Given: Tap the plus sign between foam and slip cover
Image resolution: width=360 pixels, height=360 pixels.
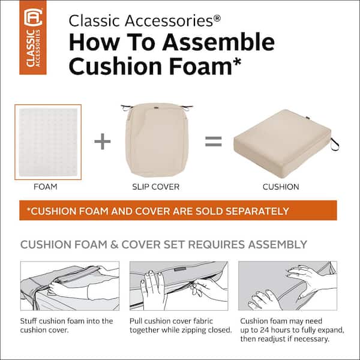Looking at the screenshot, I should coord(103,142).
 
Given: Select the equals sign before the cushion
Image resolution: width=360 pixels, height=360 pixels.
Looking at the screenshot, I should coord(213,142).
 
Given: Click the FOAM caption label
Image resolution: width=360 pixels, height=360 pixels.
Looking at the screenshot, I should coord(46,187).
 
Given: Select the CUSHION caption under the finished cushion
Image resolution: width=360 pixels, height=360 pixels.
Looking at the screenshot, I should coord(280,187).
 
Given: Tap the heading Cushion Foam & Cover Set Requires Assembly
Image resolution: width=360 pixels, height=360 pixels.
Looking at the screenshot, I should coord(164,245).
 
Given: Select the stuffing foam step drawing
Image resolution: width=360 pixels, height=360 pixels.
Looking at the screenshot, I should coord(70,285).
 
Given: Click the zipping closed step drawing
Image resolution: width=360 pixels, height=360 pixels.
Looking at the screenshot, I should coord(179,285).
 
